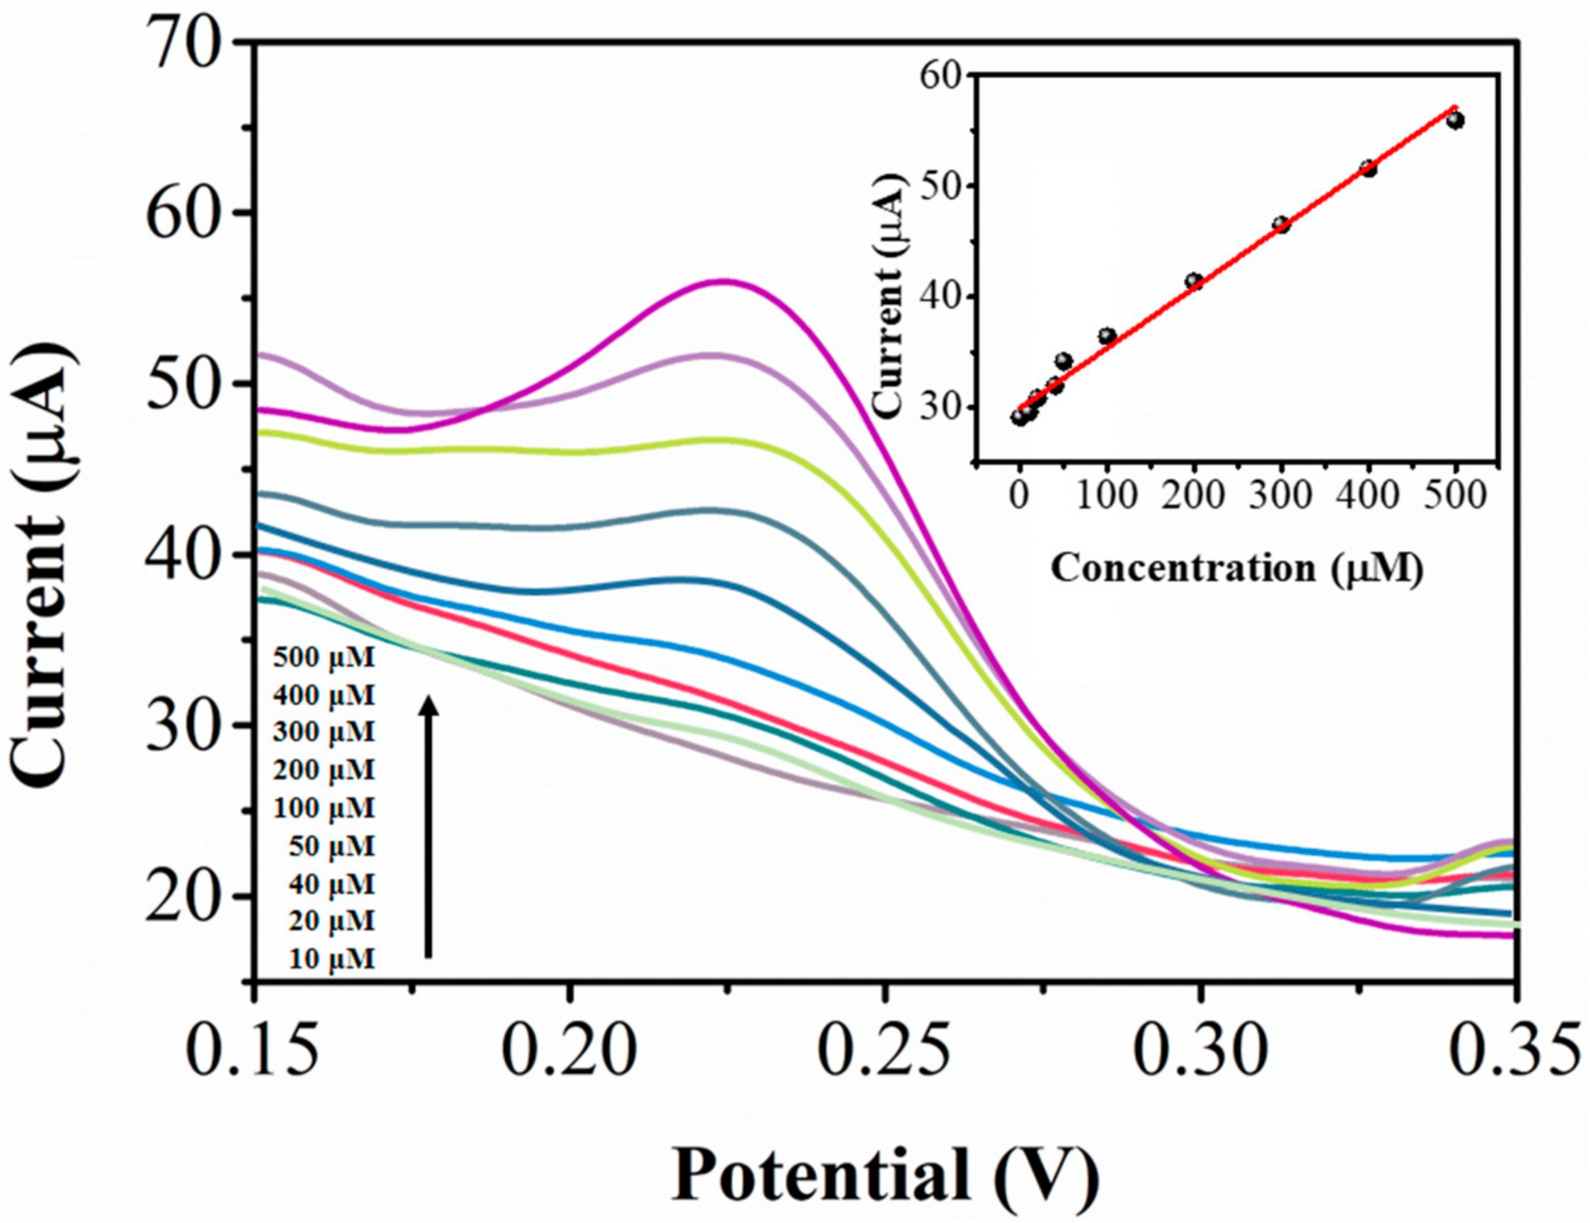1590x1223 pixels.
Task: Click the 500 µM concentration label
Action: click(324, 658)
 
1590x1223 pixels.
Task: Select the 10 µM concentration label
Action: click(332, 959)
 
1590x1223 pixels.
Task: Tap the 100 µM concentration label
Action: click(324, 808)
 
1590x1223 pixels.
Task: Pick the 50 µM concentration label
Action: click(332, 846)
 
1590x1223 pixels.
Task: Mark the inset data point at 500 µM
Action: click(1455, 120)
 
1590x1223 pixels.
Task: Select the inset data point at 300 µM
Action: click(1281, 224)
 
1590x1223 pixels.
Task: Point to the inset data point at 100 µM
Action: click(1107, 336)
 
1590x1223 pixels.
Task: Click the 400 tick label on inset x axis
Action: click(1369, 498)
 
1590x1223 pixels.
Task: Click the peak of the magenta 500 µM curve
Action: click(724, 281)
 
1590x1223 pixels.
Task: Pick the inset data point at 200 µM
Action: click(1194, 281)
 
